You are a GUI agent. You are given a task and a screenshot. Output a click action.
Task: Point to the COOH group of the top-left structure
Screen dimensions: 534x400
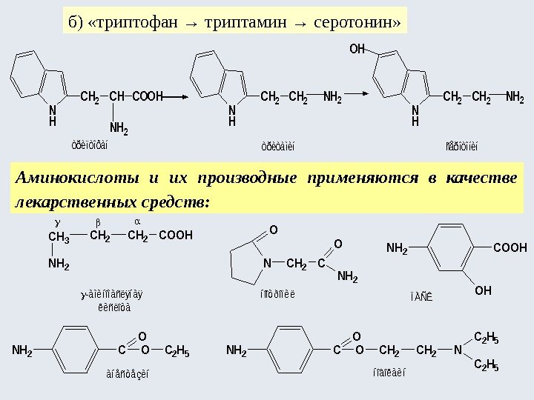pos(147,97)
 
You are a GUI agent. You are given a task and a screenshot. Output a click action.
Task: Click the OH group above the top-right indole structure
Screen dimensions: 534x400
pos(357,50)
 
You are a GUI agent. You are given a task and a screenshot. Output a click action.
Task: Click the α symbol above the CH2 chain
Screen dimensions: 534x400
pos(137,221)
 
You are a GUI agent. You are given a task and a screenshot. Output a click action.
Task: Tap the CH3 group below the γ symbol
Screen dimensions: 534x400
pos(58,238)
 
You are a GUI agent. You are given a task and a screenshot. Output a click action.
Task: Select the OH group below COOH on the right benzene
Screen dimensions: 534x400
pos(483,291)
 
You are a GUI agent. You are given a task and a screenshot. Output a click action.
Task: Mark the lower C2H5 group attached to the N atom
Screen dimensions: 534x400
pos(486,366)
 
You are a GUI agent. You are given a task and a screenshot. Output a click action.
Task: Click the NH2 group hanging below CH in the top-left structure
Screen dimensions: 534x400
pos(119,131)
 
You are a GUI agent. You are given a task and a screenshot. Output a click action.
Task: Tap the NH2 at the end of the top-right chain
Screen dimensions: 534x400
pos(515,97)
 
